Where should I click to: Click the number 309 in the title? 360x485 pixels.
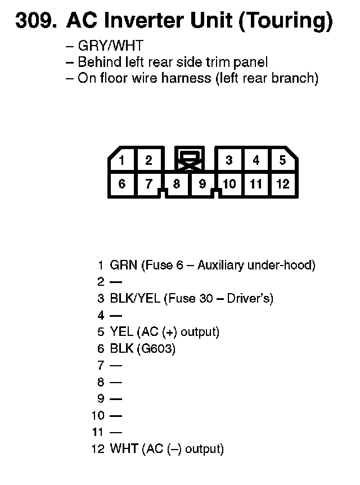click(35, 21)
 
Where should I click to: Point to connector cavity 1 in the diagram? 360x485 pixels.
click(121, 160)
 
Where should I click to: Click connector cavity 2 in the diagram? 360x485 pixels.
click(148, 160)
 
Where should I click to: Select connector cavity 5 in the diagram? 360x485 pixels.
click(282, 160)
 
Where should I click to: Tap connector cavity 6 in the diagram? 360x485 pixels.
click(121, 183)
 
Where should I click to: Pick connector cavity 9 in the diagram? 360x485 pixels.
click(202, 183)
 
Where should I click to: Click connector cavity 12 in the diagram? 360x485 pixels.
click(282, 183)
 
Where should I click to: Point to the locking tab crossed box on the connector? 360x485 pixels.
click(190, 160)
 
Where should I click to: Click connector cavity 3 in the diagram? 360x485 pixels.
click(229, 160)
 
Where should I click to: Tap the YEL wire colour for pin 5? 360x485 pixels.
click(121, 332)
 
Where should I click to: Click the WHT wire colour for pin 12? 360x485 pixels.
click(124, 449)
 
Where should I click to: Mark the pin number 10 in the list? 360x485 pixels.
click(98, 416)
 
